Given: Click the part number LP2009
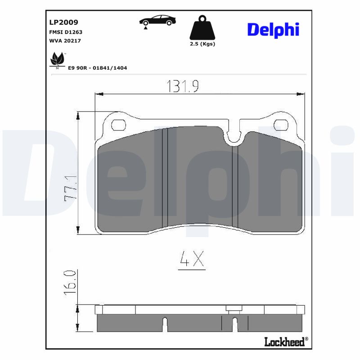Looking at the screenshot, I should (x=63, y=22).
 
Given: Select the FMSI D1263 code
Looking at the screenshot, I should (x=65, y=32).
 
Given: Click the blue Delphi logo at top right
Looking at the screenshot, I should (x=273, y=30).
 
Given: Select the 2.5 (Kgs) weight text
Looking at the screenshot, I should (x=202, y=44).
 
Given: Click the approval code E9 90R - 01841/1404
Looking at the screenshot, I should (x=97, y=68).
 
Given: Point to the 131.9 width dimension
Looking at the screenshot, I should (x=183, y=86).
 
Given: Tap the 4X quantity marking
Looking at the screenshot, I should (x=192, y=260).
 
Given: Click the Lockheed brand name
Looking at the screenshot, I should (x=284, y=342).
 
